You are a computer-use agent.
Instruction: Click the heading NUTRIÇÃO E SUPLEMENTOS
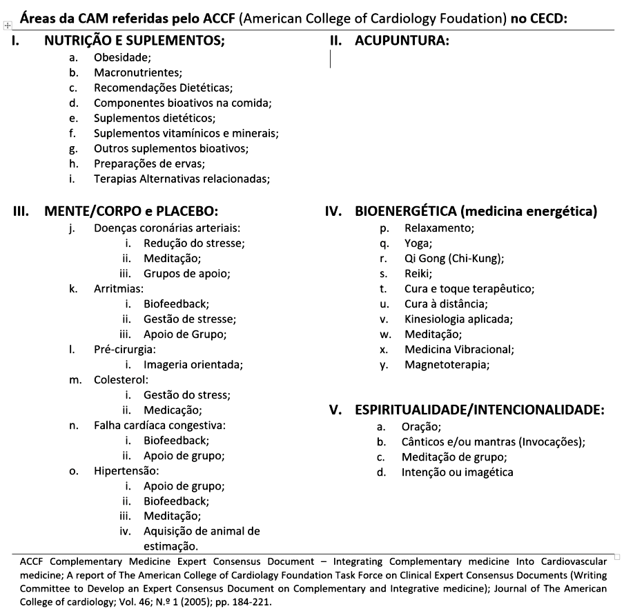coord(135,41)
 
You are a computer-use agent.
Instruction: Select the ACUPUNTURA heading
coord(402,41)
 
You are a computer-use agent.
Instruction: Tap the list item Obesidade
coord(123,57)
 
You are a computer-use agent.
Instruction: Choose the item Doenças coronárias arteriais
coord(167,228)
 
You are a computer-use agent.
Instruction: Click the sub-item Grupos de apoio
coord(186,273)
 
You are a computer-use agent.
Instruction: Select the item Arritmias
coord(119,288)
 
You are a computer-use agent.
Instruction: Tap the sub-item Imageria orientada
coord(193,364)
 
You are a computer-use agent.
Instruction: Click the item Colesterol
coord(121,379)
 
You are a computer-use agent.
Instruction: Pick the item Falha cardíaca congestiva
coord(159,425)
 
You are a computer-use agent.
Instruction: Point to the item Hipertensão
coord(126,470)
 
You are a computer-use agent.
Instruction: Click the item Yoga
coord(418,243)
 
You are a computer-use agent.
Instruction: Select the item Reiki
coord(418,273)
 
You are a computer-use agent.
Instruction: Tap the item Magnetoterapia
coord(447,364)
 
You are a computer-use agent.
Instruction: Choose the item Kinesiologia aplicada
coord(458,319)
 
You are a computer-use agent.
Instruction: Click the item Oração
coord(421,427)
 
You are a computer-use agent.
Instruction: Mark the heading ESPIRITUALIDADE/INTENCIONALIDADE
coord(480,410)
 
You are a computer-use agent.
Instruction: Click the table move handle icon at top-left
coord(7,25)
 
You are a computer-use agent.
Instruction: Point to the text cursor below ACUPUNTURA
coord(331,59)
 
